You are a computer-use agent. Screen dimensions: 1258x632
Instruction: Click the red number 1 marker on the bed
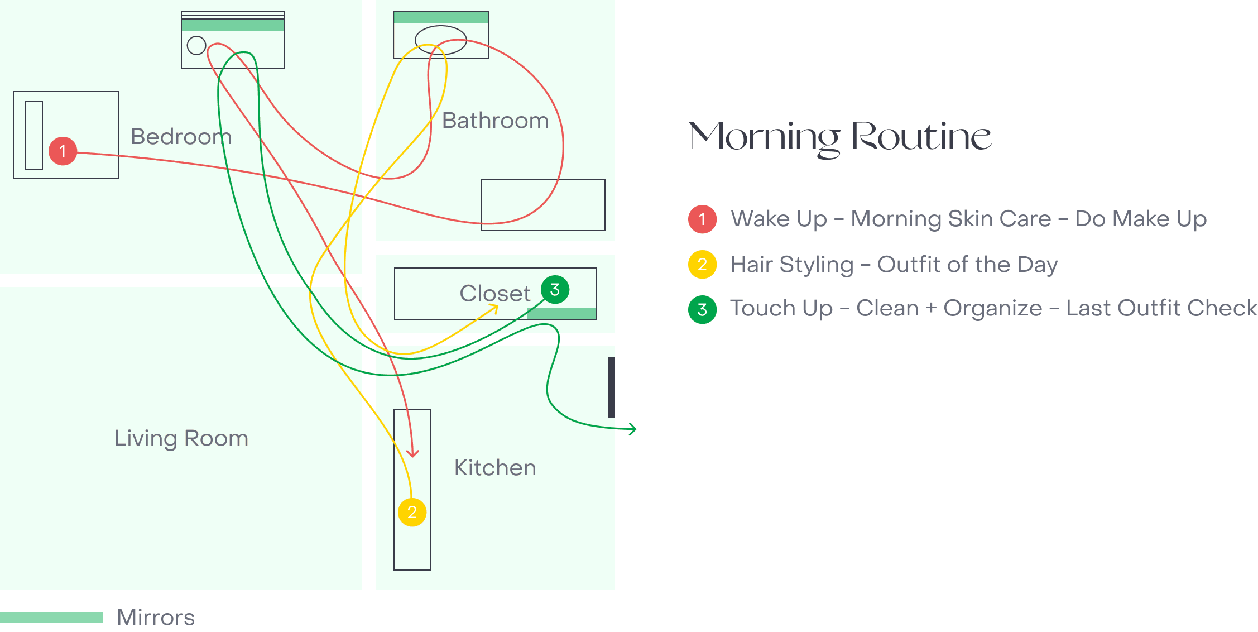tap(63, 151)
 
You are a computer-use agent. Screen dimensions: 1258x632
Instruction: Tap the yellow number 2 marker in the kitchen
tap(412, 513)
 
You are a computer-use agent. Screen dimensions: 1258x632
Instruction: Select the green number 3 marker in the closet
tap(555, 290)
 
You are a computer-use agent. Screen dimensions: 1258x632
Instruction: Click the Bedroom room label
tap(181, 137)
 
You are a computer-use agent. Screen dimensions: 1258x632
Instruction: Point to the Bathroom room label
tap(496, 121)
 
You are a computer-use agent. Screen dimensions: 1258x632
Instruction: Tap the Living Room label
tap(181, 438)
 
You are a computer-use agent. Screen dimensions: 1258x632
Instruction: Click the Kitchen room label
tap(495, 468)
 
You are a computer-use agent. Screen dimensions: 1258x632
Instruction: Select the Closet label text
tap(495, 293)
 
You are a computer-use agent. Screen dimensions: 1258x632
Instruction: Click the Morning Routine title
tap(840, 137)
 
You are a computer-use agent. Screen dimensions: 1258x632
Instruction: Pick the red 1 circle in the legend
tap(702, 219)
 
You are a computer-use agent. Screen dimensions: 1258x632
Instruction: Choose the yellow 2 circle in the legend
tap(702, 265)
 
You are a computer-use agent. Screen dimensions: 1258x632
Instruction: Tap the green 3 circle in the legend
tap(702, 309)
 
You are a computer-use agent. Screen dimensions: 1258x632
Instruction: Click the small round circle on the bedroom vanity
tap(196, 45)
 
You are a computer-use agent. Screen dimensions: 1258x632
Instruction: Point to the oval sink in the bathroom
tap(441, 40)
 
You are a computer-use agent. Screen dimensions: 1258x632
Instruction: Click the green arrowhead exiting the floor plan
tap(632, 429)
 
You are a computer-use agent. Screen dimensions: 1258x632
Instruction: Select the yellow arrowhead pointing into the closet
tap(493, 309)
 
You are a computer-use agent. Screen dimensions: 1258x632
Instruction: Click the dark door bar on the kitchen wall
tap(611, 387)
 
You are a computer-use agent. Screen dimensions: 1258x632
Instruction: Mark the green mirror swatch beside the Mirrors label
tap(51, 617)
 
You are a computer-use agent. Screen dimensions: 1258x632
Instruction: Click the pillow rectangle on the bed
tap(34, 135)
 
